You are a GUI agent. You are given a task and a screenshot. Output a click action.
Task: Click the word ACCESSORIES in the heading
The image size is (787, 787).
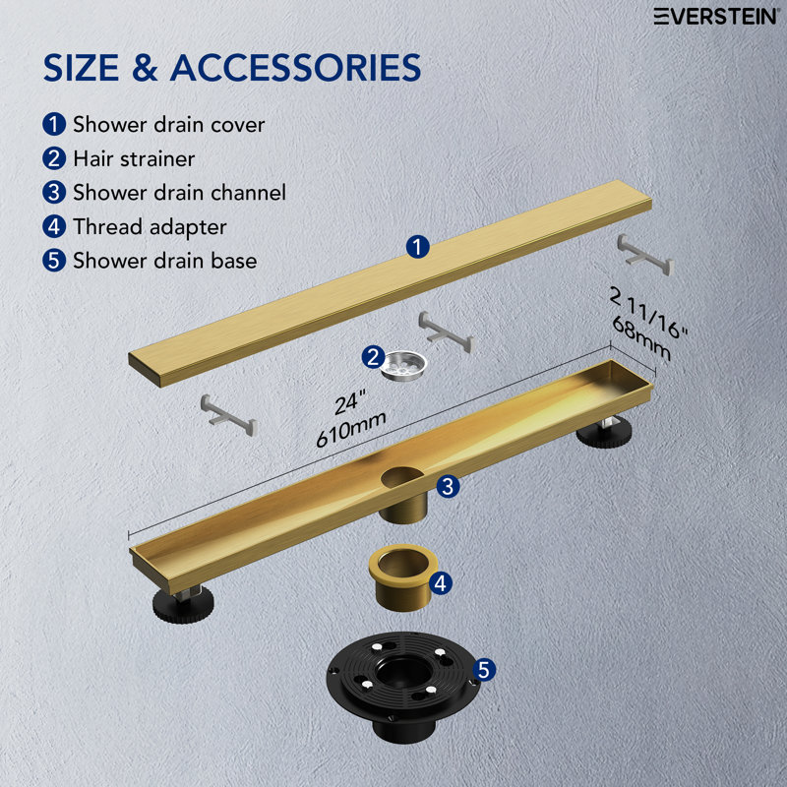click(295, 68)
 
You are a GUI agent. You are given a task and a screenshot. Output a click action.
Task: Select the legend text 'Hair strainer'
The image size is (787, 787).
click(134, 157)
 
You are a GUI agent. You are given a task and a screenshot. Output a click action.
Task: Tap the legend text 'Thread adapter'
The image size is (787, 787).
click(150, 227)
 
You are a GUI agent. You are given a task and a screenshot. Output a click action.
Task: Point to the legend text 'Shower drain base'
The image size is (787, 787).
click(164, 261)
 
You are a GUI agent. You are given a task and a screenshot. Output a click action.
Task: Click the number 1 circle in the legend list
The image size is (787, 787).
click(53, 125)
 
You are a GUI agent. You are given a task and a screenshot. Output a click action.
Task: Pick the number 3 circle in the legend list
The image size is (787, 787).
click(53, 193)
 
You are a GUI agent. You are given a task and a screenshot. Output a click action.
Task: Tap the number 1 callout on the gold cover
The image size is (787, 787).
click(418, 247)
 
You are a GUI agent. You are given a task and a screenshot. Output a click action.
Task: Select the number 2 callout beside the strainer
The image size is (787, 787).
click(373, 357)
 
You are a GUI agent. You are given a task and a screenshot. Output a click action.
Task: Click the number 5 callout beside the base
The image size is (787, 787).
click(483, 670)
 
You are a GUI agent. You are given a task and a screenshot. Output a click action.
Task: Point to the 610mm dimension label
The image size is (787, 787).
click(350, 430)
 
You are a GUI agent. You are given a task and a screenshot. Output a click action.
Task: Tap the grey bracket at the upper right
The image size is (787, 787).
click(644, 254)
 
